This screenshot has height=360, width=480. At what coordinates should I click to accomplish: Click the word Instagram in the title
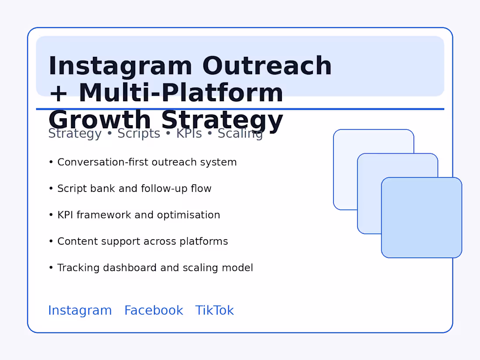(x=120, y=66)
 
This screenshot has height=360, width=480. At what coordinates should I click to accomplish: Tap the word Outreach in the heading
(x=267, y=66)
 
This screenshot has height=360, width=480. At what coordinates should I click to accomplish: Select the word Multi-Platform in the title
(x=181, y=93)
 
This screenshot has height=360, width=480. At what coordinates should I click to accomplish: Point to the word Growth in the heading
(x=100, y=120)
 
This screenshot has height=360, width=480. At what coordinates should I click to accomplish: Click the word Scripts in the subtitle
(x=139, y=134)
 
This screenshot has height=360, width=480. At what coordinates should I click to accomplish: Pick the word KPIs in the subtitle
(x=189, y=134)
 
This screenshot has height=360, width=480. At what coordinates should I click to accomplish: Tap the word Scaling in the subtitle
(x=240, y=134)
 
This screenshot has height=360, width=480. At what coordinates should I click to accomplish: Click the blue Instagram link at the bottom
(x=80, y=310)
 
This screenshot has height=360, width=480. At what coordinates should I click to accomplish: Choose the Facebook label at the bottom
(x=154, y=310)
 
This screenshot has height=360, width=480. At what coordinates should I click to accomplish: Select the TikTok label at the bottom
(x=214, y=310)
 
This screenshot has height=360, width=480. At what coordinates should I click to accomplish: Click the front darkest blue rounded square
(x=422, y=218)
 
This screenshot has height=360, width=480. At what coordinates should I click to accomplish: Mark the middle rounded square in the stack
(x=369, y=205)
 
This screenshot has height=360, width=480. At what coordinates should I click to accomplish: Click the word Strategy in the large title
(x=222, y=120)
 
